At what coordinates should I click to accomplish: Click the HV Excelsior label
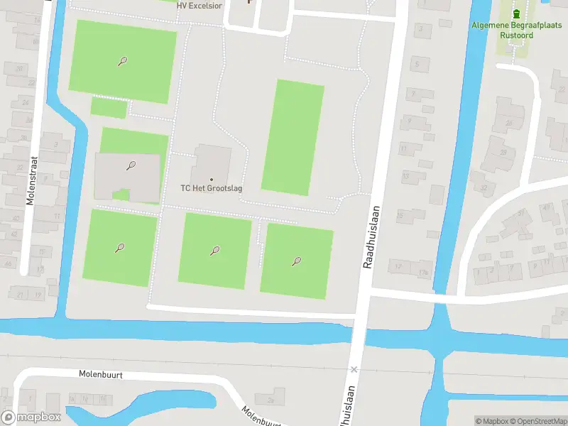(x=200, y=5)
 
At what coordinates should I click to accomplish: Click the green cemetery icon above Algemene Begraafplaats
(x=516, y=13)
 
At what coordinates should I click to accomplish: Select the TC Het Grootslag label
(x=210, y=189)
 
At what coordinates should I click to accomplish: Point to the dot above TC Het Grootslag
(x=211, y=179)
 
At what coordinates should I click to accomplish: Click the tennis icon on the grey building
(x=131, y=166)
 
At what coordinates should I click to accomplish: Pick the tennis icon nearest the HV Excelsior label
(x=122, y=62)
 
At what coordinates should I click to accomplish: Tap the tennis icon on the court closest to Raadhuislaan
(x=296, y=261)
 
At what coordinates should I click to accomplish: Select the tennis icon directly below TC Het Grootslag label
(x=214, y=250)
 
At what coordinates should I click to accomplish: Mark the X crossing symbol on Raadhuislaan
(x=354, y=370)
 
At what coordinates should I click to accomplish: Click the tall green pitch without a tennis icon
(x=293, y=136)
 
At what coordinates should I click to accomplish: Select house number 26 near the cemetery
(x=509, y=123)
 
